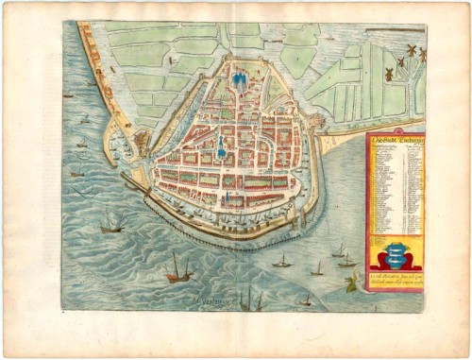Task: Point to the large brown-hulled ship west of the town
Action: [114, 223]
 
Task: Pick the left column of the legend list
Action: [382, 189]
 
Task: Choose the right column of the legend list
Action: [408, 189]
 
